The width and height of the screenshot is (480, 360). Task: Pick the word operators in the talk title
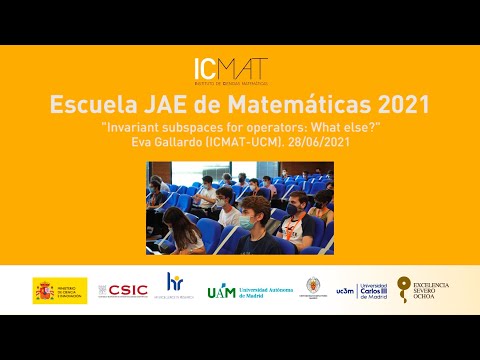click(264, 128)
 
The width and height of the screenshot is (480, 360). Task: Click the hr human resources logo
click(174, 288)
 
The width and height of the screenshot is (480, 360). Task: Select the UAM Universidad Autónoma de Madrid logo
click(249, 291)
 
